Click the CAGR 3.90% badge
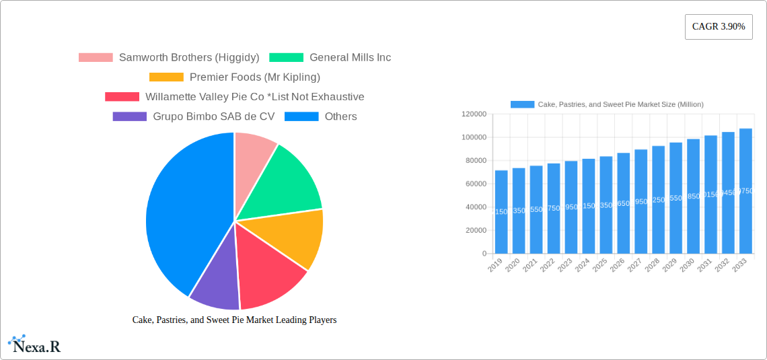tap(718, 27)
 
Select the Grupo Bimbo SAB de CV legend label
tap(213, 116)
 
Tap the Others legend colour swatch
tap(301, 116)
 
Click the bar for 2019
tap(501, 212)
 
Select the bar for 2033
tap(745, 191)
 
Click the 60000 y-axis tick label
tap(475, 184)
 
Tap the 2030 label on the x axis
tap(687, 266)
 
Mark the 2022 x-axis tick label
tap(547, 266)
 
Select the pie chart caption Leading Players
tap(234, 320)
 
